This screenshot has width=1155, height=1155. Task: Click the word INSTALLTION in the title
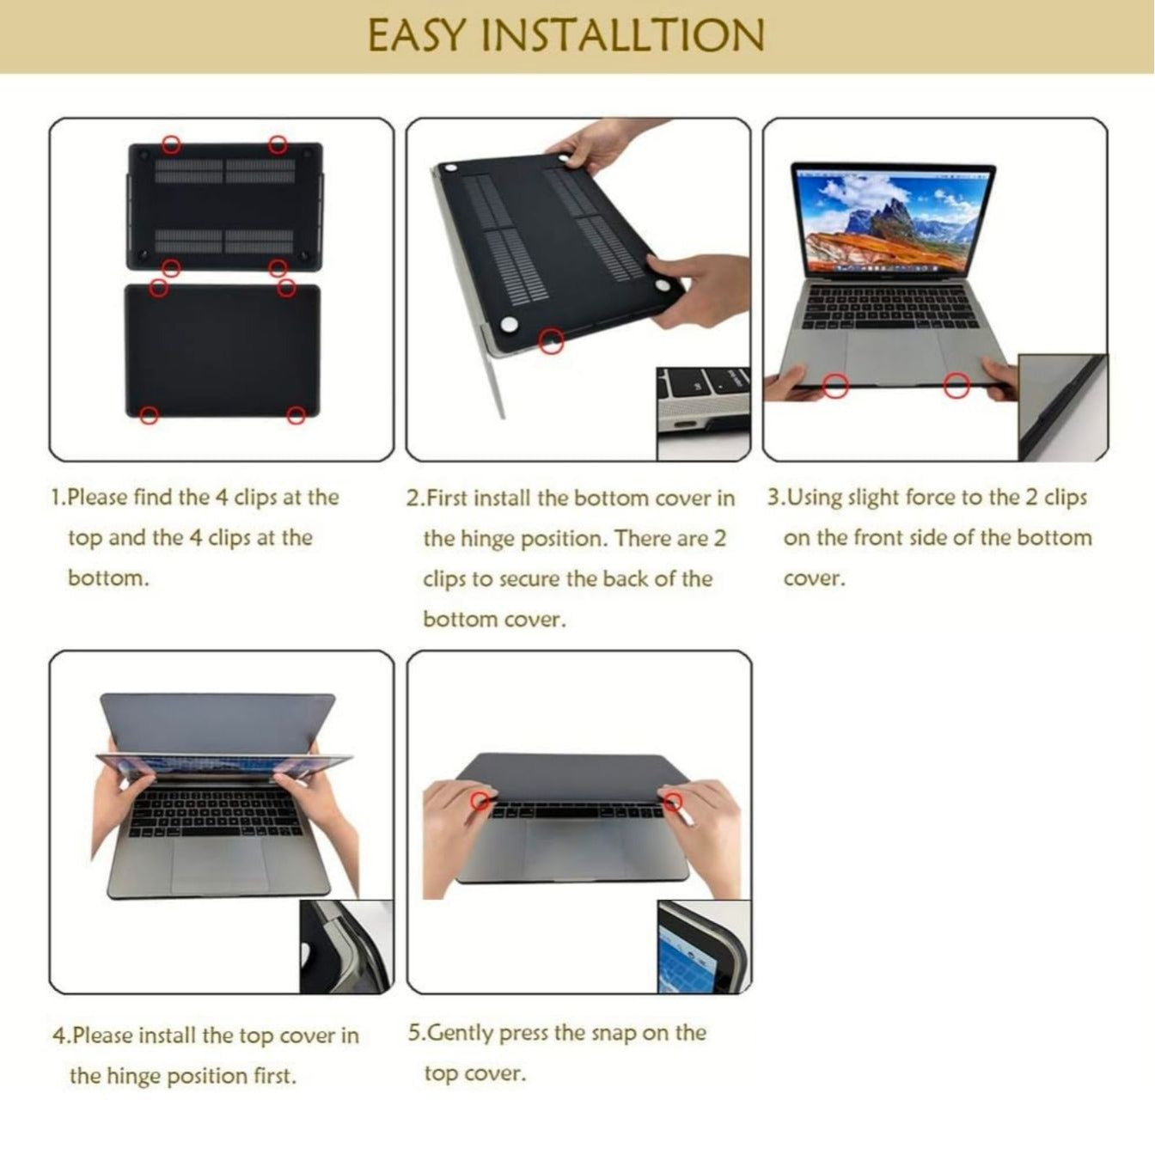(622, 36)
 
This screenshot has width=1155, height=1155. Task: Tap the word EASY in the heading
(418, 36)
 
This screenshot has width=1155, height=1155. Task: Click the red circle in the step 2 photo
(552, 341)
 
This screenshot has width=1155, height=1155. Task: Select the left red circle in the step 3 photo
(835, 387)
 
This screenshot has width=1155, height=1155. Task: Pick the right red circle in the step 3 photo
(956, 387)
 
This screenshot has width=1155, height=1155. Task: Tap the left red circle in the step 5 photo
(481, 801)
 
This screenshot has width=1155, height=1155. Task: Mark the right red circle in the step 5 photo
(673, 802)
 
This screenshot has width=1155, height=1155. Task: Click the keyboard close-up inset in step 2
(703, 412)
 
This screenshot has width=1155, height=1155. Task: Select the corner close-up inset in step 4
(346, 946)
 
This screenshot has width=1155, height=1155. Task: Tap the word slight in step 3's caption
(873, 498)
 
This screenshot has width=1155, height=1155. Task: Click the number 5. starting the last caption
(416, 1033)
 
